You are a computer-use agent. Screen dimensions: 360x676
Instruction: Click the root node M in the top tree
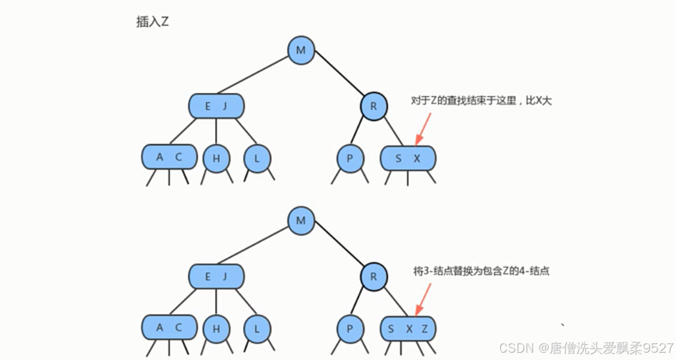pyautogui.click(x=300, y=50)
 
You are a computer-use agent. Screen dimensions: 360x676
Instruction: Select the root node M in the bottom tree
pyautogui.click(x=300, y=221)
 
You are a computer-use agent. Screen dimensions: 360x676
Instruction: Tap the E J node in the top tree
pyautogui.click(x=216, y=107)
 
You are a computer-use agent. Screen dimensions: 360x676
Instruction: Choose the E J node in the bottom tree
pyautogui.click(x=216, y=277)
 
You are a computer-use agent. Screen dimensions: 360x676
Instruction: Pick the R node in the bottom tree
pyautogui.click(x=374, y=277)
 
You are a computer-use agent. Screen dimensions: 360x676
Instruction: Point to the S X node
pyautogui.click(x=408, y=158)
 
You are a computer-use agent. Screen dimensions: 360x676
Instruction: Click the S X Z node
pyautogui.click(x=408, y=328)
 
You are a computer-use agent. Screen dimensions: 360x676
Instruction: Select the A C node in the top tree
pyautogui.click(x=170, y=157)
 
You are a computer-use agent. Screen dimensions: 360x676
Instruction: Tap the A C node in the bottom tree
pyautogui.click(x=170, y=327)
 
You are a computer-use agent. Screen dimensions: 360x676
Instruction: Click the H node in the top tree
pyautogui.click(x=216, y=159)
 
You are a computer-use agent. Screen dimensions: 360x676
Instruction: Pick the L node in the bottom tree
pyautogui.click(x=257, y=329)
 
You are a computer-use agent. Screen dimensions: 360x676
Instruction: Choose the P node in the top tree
pyautogui.click(x=350, y=159)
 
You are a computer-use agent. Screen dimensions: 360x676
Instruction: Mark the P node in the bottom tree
pyautogui.click(x=350, y=329)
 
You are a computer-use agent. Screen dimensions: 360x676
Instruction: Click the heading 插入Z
pyautogui.click(x=152, y=22)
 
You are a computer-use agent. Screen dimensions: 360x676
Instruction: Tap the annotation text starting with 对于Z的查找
pyautogui.click(x=481, y=101)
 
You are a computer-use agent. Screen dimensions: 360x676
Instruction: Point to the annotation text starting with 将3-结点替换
pyautogui.click(x=481, y=272)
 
